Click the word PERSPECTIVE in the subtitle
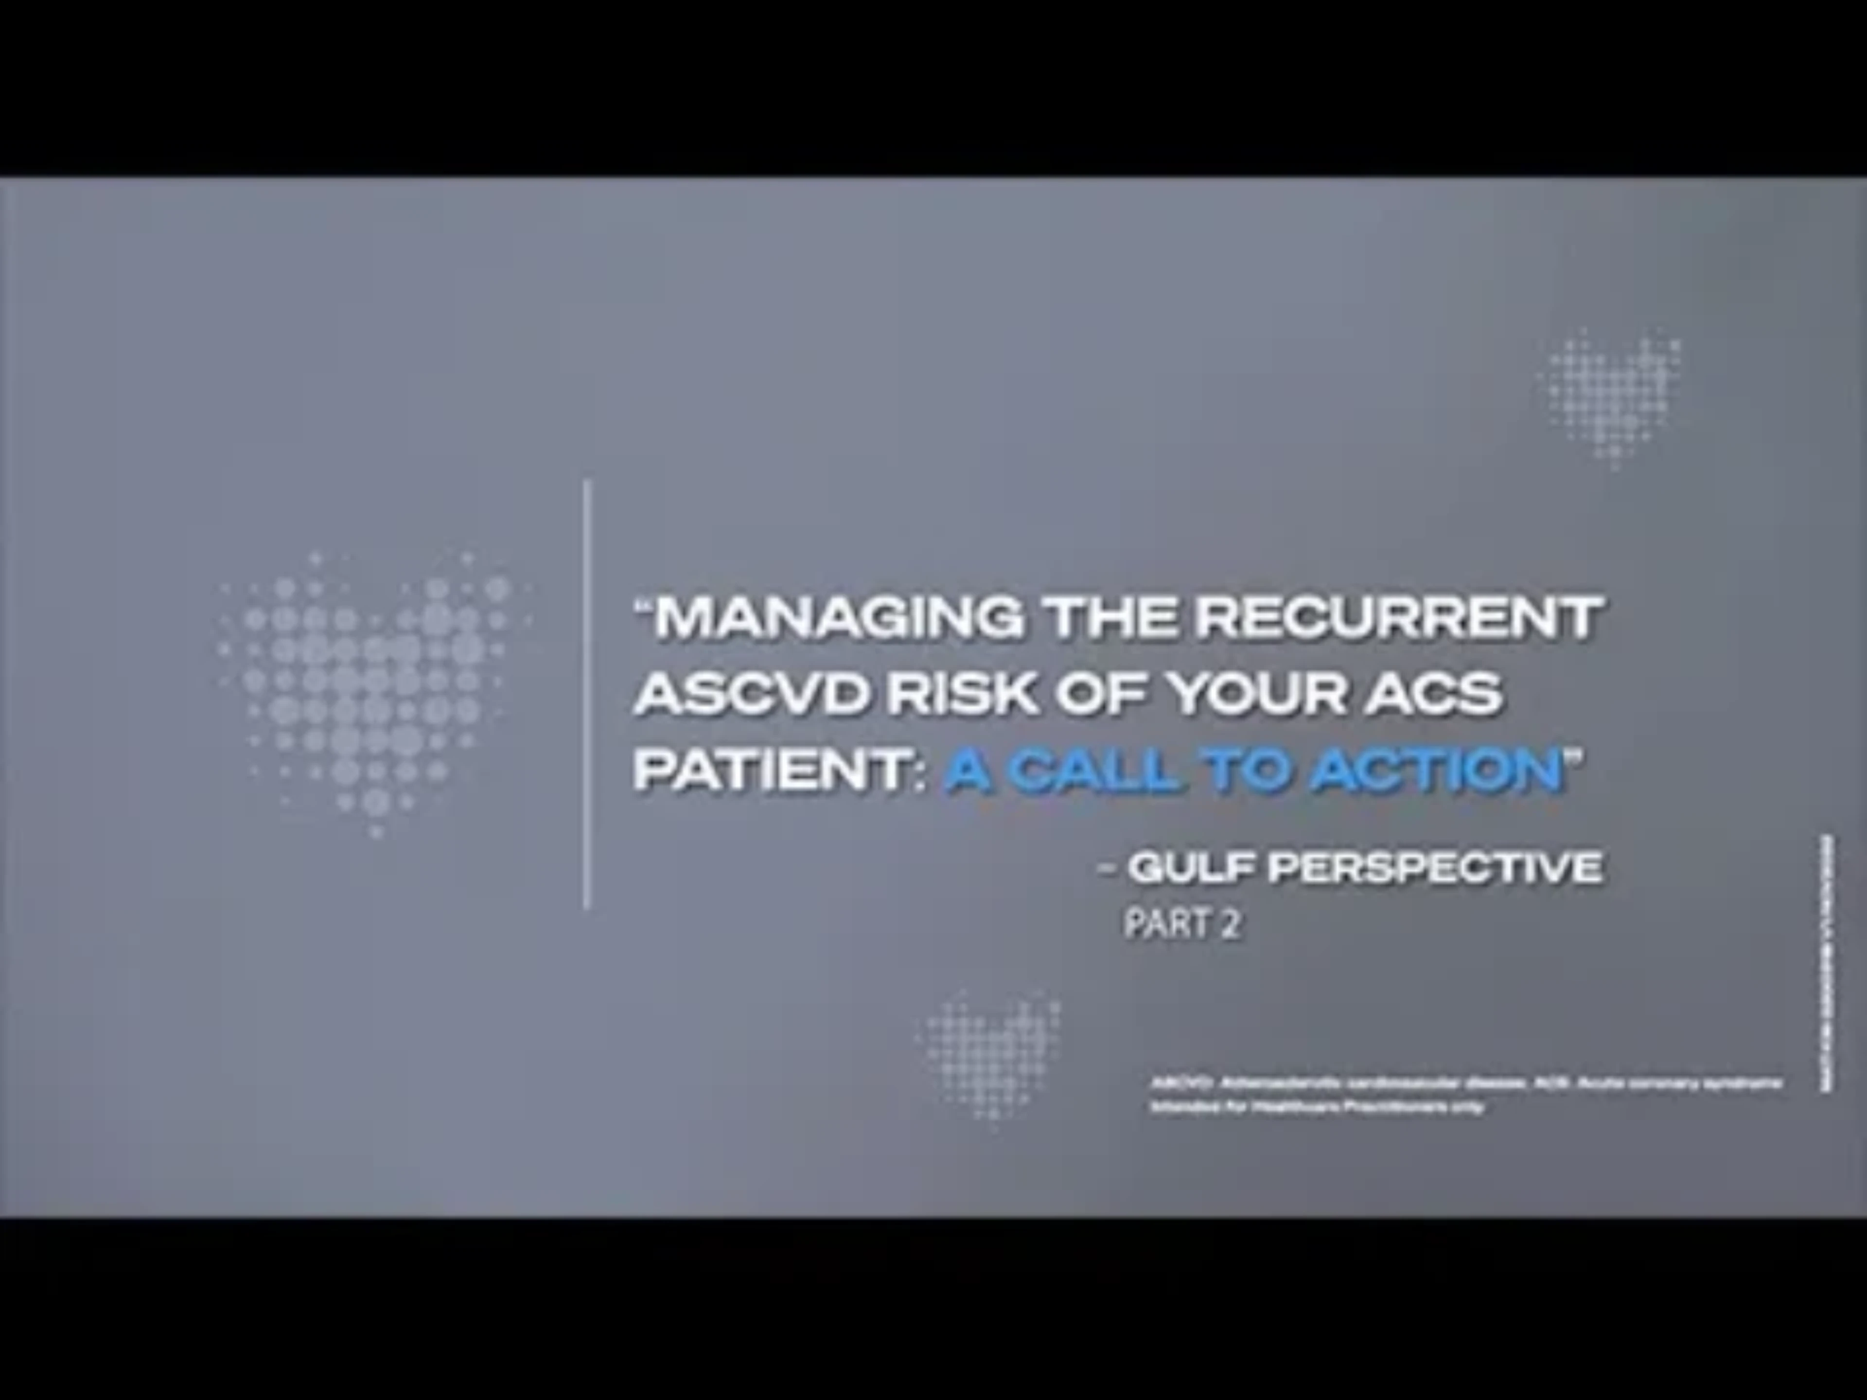click(1435, 868)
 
